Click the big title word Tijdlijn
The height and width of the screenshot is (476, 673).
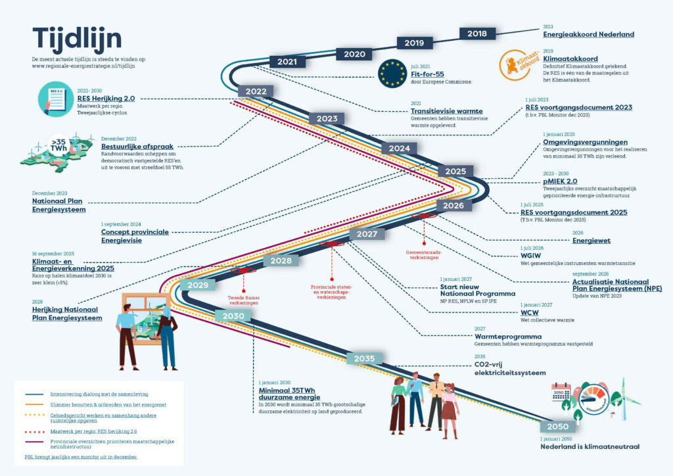77,38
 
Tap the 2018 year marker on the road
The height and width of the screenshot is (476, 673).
476,34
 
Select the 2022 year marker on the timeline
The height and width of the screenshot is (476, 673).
251,91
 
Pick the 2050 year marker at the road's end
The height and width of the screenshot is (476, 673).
557,427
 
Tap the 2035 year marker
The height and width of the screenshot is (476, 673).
364,358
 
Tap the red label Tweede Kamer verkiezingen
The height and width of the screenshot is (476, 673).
244,300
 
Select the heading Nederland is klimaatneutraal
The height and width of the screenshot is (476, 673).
590,447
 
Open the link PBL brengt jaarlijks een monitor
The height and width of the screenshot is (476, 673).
76,456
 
